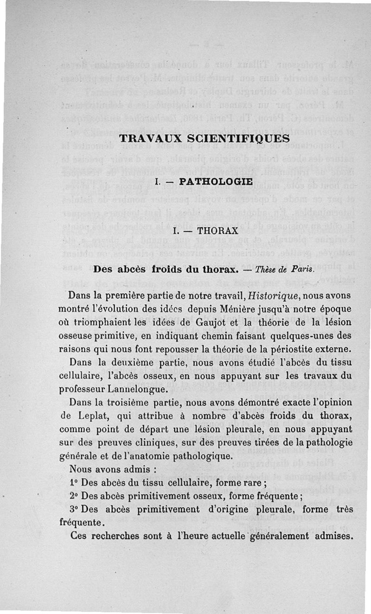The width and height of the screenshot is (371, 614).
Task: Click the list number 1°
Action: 74,482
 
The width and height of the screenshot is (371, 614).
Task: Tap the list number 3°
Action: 75,509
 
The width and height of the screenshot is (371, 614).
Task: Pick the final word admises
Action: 335,536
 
